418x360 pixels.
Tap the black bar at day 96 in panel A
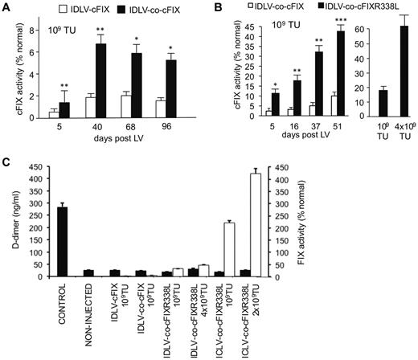point(190,88)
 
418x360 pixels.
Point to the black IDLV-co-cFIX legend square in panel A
point(122,9)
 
